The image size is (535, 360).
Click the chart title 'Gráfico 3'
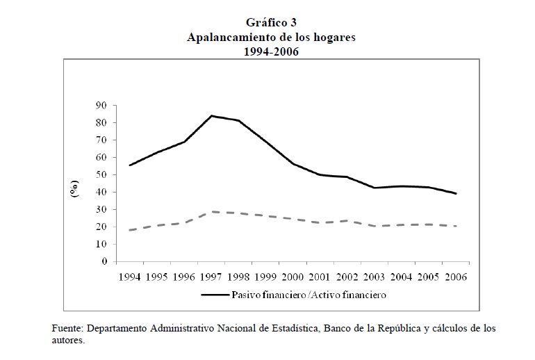click(271, 24)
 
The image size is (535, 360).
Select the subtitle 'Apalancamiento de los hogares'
click(271, 38)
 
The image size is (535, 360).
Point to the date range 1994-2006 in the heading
click(271, 52)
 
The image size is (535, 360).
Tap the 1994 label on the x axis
click(129, 277)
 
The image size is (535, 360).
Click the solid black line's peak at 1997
click(211, 116)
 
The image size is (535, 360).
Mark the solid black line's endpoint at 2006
click(456, 194)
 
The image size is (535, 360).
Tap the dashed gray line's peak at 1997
click(211, 211)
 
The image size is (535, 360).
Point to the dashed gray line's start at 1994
click(130, 230)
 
